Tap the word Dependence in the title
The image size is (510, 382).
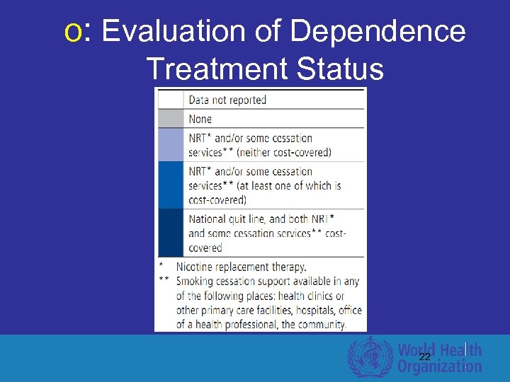coord(378,32)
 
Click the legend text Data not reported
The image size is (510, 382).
coord(227,100)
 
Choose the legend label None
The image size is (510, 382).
coord(200,119)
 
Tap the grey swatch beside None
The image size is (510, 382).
coord(170,118)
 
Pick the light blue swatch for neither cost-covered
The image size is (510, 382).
coord(170,144)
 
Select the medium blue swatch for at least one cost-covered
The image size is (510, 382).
coord(170,185)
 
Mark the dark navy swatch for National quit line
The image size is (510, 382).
coord(170,232)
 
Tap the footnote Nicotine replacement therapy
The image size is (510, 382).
coord(241,267)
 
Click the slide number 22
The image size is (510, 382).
coord(424,357)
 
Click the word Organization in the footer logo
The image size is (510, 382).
coord(439,366)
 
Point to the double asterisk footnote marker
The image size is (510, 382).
coord(164,280)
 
